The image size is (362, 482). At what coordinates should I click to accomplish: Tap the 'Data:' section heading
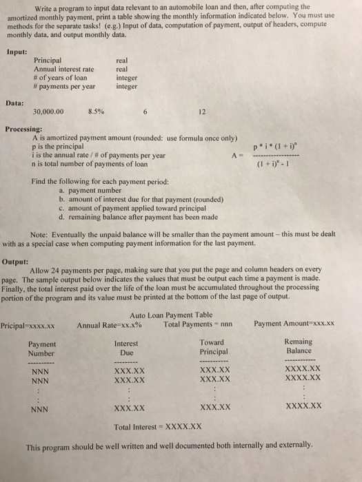(15, 101)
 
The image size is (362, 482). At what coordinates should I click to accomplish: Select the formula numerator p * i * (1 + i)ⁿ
(278, 146)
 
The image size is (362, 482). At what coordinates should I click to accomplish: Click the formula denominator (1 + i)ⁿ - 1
(278, 164)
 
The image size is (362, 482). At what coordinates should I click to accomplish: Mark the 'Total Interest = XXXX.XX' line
(159, 426)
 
